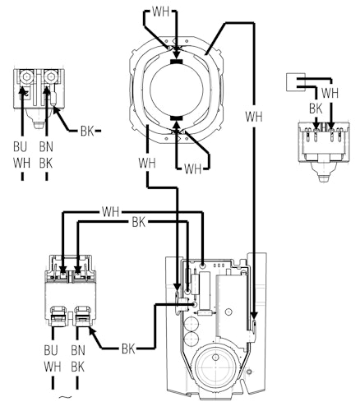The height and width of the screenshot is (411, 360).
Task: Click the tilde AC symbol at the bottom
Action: pos(65,396)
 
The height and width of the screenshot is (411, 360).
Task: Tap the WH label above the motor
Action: pos(160,12)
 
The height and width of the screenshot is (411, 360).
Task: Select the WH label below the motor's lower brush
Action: pos(192,169)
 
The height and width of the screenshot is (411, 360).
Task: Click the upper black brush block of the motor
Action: pos(176,62)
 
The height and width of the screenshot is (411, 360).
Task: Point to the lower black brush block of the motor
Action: pos(176,118)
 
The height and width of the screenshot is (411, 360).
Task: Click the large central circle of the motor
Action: pos(177,90)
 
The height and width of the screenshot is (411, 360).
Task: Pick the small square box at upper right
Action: pos(295,82)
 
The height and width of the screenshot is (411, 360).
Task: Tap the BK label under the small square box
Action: pos(316,109)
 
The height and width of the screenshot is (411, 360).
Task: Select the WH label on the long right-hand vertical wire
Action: pos(254,117)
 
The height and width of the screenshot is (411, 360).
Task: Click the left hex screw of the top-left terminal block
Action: pos(26,76)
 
